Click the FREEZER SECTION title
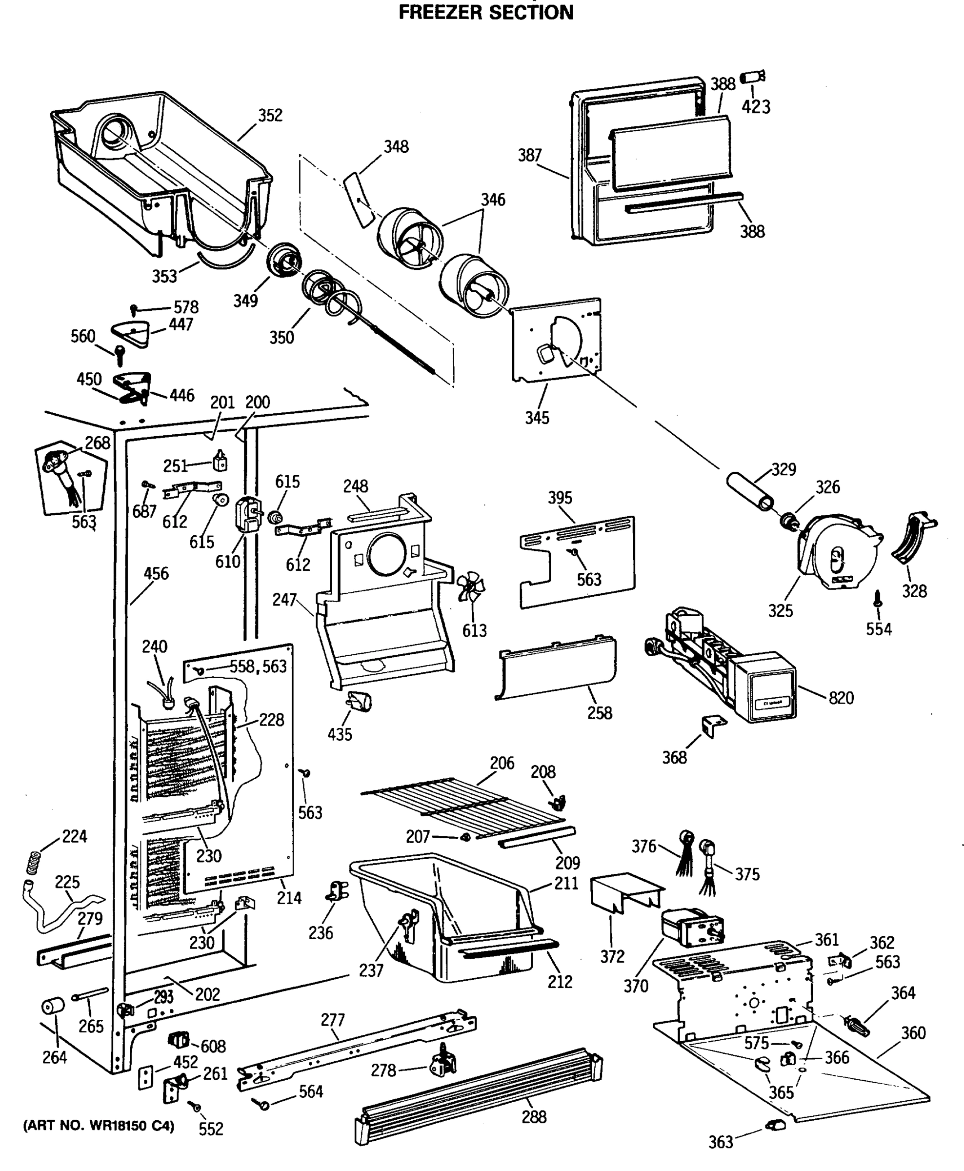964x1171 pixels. coord(486,12)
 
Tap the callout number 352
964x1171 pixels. coord(270,115)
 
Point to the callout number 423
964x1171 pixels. coord(756,106)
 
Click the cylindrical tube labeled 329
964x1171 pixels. coord(750,490)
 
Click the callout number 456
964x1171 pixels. coord(156,574)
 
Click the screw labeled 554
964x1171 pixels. coord(878,599)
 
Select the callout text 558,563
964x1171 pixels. coord(258,666)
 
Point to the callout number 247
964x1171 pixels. coord(284,600)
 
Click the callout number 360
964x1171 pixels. coord(913,1033)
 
